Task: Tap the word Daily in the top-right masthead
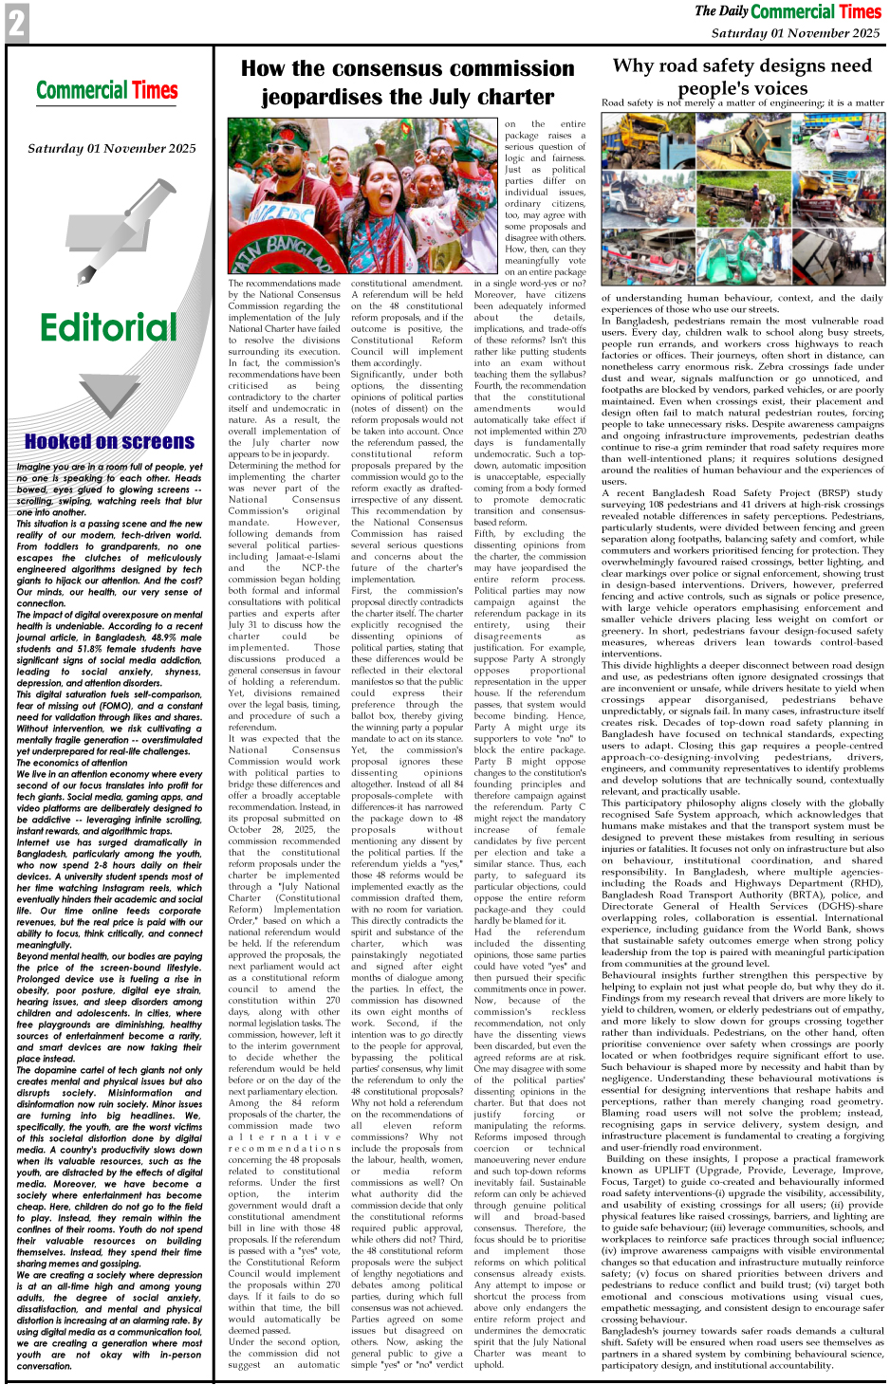coord(733,11)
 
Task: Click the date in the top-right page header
coord(795,33)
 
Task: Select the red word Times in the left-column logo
coord(155,91)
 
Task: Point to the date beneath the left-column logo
coord(111,148)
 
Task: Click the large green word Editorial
coord(108,328)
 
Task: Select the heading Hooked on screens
coord(109,442)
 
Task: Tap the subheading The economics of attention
coord(71,763)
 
